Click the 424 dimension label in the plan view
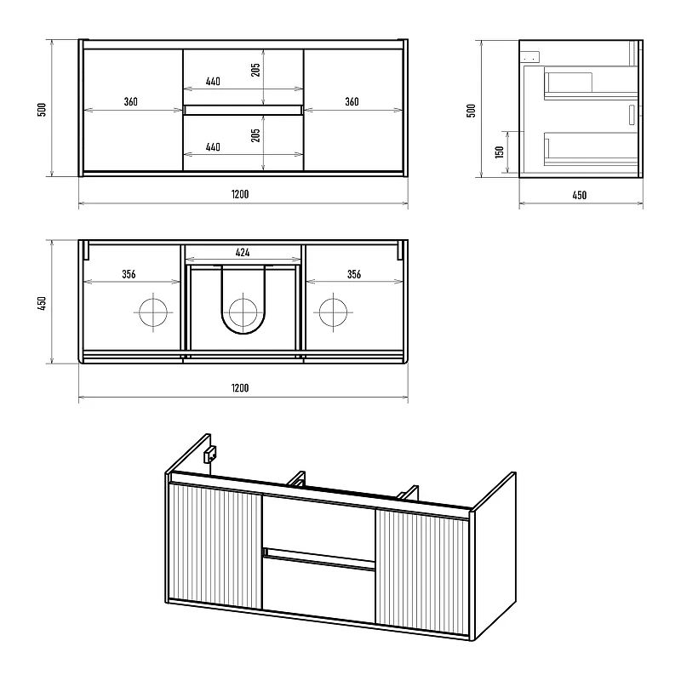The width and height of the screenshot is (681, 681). (243, 252)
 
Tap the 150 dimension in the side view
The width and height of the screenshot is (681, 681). (500, 152)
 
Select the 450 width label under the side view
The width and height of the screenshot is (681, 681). (580, 195)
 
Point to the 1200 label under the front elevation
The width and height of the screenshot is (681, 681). (240, 194)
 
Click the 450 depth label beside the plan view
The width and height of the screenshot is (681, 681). (42, 303)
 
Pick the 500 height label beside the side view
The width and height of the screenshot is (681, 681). (471, 111)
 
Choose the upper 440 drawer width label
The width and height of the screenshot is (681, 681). (213, 81)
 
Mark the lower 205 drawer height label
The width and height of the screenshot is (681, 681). (255, 135)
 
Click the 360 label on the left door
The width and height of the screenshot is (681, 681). (131, 101)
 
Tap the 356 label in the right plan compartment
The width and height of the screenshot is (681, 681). (354, 274)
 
